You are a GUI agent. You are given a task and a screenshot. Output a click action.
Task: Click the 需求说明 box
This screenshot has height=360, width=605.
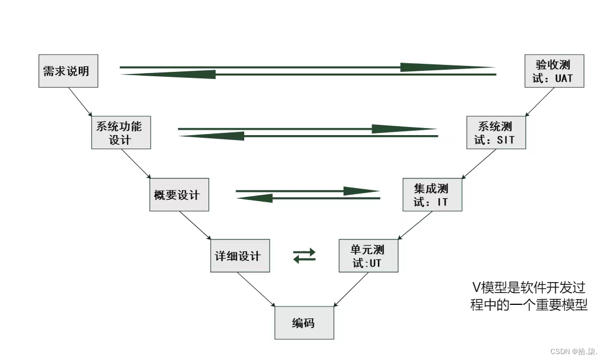68,71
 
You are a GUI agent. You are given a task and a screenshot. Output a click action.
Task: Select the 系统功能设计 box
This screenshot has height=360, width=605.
120,133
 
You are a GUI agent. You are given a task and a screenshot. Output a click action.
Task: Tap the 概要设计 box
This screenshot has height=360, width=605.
179,195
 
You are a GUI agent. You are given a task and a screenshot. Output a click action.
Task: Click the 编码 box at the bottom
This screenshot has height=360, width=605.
304,323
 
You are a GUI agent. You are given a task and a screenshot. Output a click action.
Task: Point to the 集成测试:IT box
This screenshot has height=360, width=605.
432,195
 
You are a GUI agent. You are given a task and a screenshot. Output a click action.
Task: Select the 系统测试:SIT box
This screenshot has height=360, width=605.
496,134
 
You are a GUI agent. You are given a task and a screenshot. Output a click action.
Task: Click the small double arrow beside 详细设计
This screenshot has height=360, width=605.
304,255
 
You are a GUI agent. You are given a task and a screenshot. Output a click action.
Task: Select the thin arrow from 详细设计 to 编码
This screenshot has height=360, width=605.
257,290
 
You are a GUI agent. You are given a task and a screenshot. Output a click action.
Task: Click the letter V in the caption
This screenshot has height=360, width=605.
475,287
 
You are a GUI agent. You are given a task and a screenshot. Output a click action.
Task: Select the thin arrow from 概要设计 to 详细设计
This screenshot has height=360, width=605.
195,225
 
